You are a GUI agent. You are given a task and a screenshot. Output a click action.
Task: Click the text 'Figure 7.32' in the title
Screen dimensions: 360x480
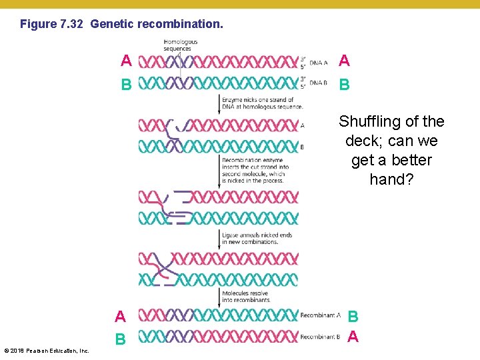[51, 25]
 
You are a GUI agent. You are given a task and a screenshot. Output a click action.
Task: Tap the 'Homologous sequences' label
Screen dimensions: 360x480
[180, 45]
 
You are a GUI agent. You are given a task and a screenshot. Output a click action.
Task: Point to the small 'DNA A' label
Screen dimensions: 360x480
[318, 63]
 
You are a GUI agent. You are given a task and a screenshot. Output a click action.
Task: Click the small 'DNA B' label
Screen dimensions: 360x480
[318, 83]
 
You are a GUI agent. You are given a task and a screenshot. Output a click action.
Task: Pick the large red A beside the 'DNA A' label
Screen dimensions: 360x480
[344, 61]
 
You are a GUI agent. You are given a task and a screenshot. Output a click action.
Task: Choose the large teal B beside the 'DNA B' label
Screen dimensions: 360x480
[344, 85]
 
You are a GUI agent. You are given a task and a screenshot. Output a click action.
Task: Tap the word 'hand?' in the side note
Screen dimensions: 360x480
[391, 179]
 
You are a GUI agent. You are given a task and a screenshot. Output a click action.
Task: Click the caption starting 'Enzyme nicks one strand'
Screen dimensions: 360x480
[262, 103]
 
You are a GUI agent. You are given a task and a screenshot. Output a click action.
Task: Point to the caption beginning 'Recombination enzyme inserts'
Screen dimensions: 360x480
[255, 170]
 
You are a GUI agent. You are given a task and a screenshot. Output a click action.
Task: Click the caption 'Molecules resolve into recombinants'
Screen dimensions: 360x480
[247, 296]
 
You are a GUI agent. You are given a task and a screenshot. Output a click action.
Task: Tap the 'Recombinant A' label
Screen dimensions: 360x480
[320, 315]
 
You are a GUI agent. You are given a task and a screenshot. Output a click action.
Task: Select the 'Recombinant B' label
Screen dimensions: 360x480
[320, 337]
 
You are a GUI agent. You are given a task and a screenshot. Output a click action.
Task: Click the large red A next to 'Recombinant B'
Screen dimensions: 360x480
[353, 337]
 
